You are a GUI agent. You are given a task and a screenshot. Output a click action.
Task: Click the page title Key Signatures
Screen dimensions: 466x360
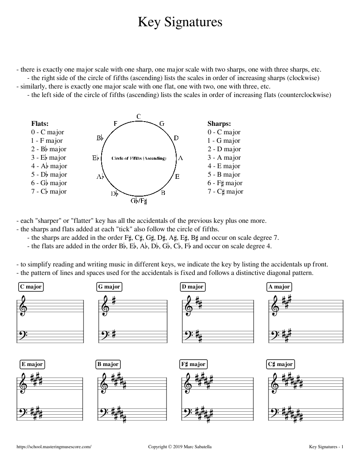pos(180,22)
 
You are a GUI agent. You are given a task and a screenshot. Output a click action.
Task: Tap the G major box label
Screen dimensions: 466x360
pos(109,287)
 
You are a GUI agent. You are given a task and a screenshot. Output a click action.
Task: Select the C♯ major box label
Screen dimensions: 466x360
pos(280,364)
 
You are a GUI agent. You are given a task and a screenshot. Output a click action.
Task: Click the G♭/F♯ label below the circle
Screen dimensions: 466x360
pos(139,200)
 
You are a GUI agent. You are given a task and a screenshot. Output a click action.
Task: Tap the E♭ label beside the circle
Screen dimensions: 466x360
pos(96,158)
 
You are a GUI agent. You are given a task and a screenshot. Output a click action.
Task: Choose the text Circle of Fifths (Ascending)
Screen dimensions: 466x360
pos(139,158)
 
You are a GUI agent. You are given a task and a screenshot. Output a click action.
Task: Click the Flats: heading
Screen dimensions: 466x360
pos(40,124)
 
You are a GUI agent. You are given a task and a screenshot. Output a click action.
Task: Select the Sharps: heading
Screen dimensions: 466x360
pos(219,124)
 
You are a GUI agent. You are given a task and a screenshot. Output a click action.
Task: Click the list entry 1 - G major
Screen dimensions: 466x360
pos(224,141)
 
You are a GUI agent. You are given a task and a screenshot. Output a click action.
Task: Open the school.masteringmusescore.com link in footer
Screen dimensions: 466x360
pos(54,447)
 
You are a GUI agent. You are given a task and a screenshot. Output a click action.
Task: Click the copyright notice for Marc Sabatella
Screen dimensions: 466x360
pos(180,447)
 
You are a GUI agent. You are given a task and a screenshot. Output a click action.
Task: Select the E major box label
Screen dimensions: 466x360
pos(32,364)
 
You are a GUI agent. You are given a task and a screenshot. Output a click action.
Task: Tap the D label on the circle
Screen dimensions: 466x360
pos(176,138)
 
